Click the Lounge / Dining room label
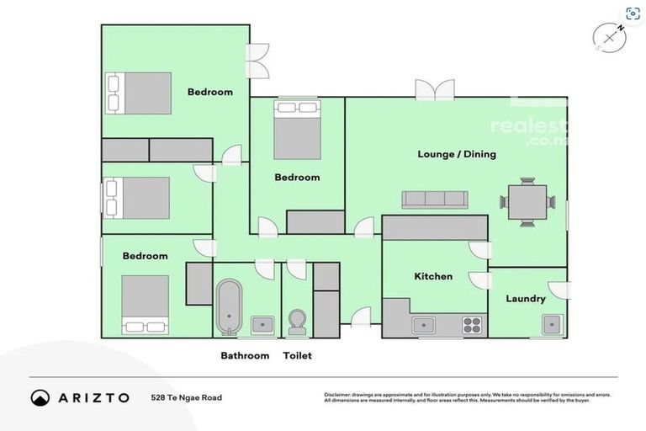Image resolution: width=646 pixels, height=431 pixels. pyautogui.click(x=457, y=154)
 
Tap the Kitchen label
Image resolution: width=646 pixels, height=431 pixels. pyautogui.click(x=433, y=276)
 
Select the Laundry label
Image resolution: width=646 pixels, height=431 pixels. pyautogui.click(x=526, y=299)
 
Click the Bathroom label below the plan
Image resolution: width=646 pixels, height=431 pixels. pyautogui.click(x=245, y=356)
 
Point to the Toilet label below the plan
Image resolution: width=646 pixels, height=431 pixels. pyautogui.click(x=297, y=356)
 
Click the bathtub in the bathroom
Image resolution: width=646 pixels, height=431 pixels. pyautogui.click(x=229, y=306)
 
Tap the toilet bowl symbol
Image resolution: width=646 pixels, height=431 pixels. pyautogui.click(x=296, y=322)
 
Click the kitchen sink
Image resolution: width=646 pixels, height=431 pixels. pyautogui.click(x=423, y=324)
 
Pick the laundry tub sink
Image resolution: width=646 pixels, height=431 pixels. pyautogui.click(x=551, y=324)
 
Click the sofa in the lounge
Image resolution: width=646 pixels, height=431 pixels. pyautogui.click(x=434, y=200)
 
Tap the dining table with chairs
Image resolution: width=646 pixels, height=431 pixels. pyautogui.click(x=527, y=201)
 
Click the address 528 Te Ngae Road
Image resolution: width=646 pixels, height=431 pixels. pyautogui.click(x=186, y=397)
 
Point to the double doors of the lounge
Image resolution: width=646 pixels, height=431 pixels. pyautogui.click(x=434, y=90)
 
